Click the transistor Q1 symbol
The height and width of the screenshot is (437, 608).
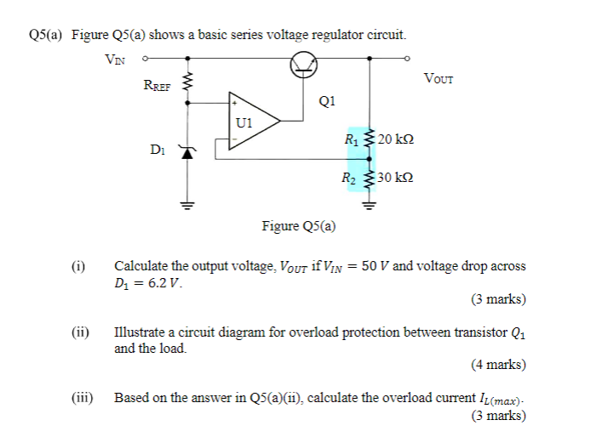pos(304,65)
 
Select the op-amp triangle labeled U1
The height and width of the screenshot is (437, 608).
pos(252,122)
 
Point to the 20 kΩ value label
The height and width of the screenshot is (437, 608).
pos(395,139)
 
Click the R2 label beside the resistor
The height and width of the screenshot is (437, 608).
pos(348,179)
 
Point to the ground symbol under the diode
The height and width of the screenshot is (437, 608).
pos(186,204)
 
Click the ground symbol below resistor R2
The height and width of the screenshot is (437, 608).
pos(369,204)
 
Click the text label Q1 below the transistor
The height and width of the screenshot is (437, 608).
pos(327,100)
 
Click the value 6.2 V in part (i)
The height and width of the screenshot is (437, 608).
pos(161,281)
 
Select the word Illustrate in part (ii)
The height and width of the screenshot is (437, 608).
pos(141,332)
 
